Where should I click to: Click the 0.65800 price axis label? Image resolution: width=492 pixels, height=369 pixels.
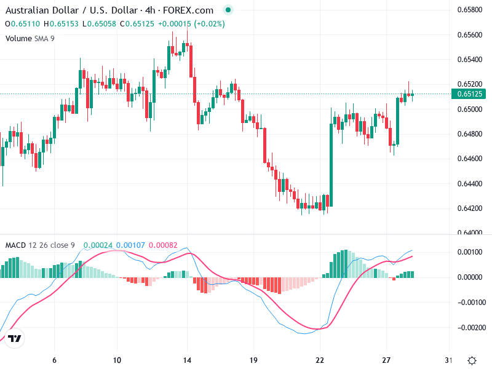[469, 10]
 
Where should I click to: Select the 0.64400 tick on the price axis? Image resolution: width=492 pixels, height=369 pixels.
[469, 184]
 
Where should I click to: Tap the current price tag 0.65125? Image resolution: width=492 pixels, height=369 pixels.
[470, 94]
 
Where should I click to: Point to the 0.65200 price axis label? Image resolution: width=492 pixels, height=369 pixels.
[469, 84]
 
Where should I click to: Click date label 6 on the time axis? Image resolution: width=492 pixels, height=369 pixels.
[55, 360]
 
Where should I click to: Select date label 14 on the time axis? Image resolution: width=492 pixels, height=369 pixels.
[188, 360]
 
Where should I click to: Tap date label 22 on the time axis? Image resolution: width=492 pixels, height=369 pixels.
[320, 360]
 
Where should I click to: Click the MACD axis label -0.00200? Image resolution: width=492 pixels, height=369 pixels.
[470, 327]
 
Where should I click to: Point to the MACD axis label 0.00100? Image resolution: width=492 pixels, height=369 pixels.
[470, 252]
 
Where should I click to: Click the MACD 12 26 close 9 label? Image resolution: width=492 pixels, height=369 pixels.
[40, 245]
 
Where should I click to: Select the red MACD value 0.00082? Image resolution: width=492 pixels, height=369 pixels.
[163, 245]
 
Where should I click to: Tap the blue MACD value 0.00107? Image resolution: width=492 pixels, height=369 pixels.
[130, 245]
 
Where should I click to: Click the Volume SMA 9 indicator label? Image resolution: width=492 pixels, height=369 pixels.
[30, 38]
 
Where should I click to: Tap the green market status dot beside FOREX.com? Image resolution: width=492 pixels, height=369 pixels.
[229, 10]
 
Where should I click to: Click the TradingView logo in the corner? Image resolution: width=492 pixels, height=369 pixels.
[15, 339]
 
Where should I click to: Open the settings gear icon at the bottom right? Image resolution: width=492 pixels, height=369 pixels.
[472, 360]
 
